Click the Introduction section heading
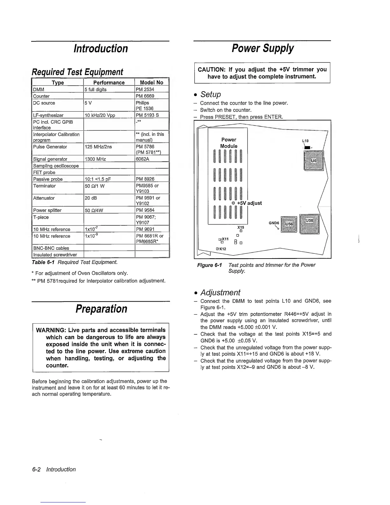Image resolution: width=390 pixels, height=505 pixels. tap(100, 48)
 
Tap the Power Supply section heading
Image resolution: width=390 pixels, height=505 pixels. tap(263, 48)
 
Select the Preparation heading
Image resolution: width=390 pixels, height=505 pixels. tap(101, 309)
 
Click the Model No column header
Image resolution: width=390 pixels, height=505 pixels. tap(151, 82)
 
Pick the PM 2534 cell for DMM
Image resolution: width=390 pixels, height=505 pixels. tap(145, 90)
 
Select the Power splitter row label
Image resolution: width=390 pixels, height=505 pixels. tap(47, 210)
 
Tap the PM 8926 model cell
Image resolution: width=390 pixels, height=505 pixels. tap(145, 179)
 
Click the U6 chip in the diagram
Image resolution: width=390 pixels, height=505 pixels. tap(314, 161)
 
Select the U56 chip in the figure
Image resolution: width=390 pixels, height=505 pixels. tap(289, 224)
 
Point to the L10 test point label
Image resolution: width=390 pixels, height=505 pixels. tap(305, 141)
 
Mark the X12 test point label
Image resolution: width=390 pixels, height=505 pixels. tap(221, 249)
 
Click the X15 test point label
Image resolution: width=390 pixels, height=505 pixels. tap(241, 227)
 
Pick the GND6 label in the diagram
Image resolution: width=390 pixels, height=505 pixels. tap(274, 223)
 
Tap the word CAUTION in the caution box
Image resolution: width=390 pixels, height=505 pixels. tap(212, 70)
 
